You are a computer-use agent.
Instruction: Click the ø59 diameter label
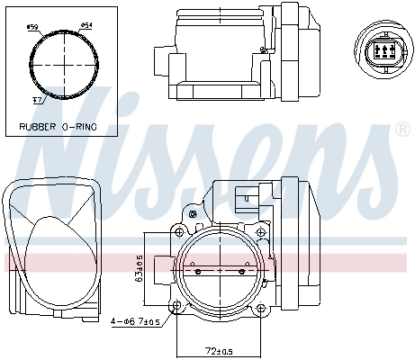click(32, 28)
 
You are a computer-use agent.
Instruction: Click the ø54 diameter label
click(86, 25)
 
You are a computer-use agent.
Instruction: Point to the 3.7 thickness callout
click(38, 100)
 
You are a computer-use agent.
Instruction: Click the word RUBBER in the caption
click(38, 127)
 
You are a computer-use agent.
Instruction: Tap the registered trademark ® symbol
click(401, 130)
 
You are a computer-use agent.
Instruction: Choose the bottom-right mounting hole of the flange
click(264, 309)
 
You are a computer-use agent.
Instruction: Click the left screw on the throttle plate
click(197, 270)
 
